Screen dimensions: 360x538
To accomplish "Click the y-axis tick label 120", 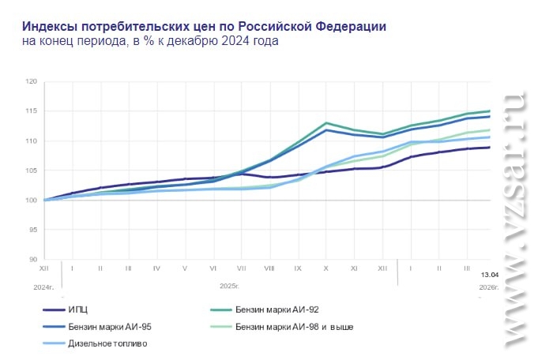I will pos(32,81).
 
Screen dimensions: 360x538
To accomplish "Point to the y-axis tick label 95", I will pos(32,230).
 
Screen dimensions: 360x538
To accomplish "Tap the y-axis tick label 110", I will pos(32,141).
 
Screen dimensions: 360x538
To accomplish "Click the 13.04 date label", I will pos(490,274).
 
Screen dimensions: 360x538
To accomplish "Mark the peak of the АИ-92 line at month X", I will pos(326,123).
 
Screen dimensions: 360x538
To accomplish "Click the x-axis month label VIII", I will pos(269,268).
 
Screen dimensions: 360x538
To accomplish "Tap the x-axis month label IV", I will pos(156,268).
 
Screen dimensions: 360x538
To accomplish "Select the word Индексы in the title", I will pos(48,25).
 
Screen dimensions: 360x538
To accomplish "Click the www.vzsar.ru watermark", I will pos(513,221).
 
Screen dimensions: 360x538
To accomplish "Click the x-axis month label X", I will pos(325,268).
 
